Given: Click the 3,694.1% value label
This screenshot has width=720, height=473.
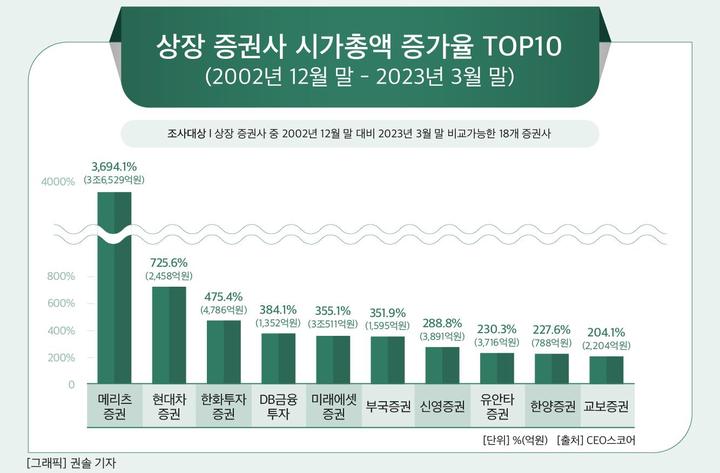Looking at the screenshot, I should pyautogui.click(x=114, y=165).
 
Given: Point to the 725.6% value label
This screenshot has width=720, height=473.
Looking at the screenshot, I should pyautogui.click(x=169, y=261).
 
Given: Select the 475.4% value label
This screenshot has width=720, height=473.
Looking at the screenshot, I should pyautogui.click(x=224, y=297).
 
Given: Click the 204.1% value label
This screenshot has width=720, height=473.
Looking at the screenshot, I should pyautogui.click(x=604, y=332).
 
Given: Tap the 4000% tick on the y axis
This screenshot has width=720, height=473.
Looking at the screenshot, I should pyautogui.click(x=58, y=182).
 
